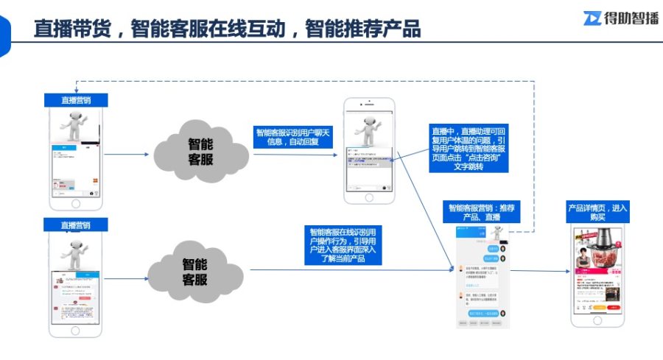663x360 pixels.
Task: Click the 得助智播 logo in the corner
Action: [621, 18]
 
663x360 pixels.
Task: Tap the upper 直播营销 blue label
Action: [76, 100]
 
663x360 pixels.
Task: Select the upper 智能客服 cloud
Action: [200, 151]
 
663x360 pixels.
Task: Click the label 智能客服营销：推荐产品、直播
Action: [484, 212]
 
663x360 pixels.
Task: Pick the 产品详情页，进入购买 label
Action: [597, 212]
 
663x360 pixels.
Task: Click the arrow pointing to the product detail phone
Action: [540, 270]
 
